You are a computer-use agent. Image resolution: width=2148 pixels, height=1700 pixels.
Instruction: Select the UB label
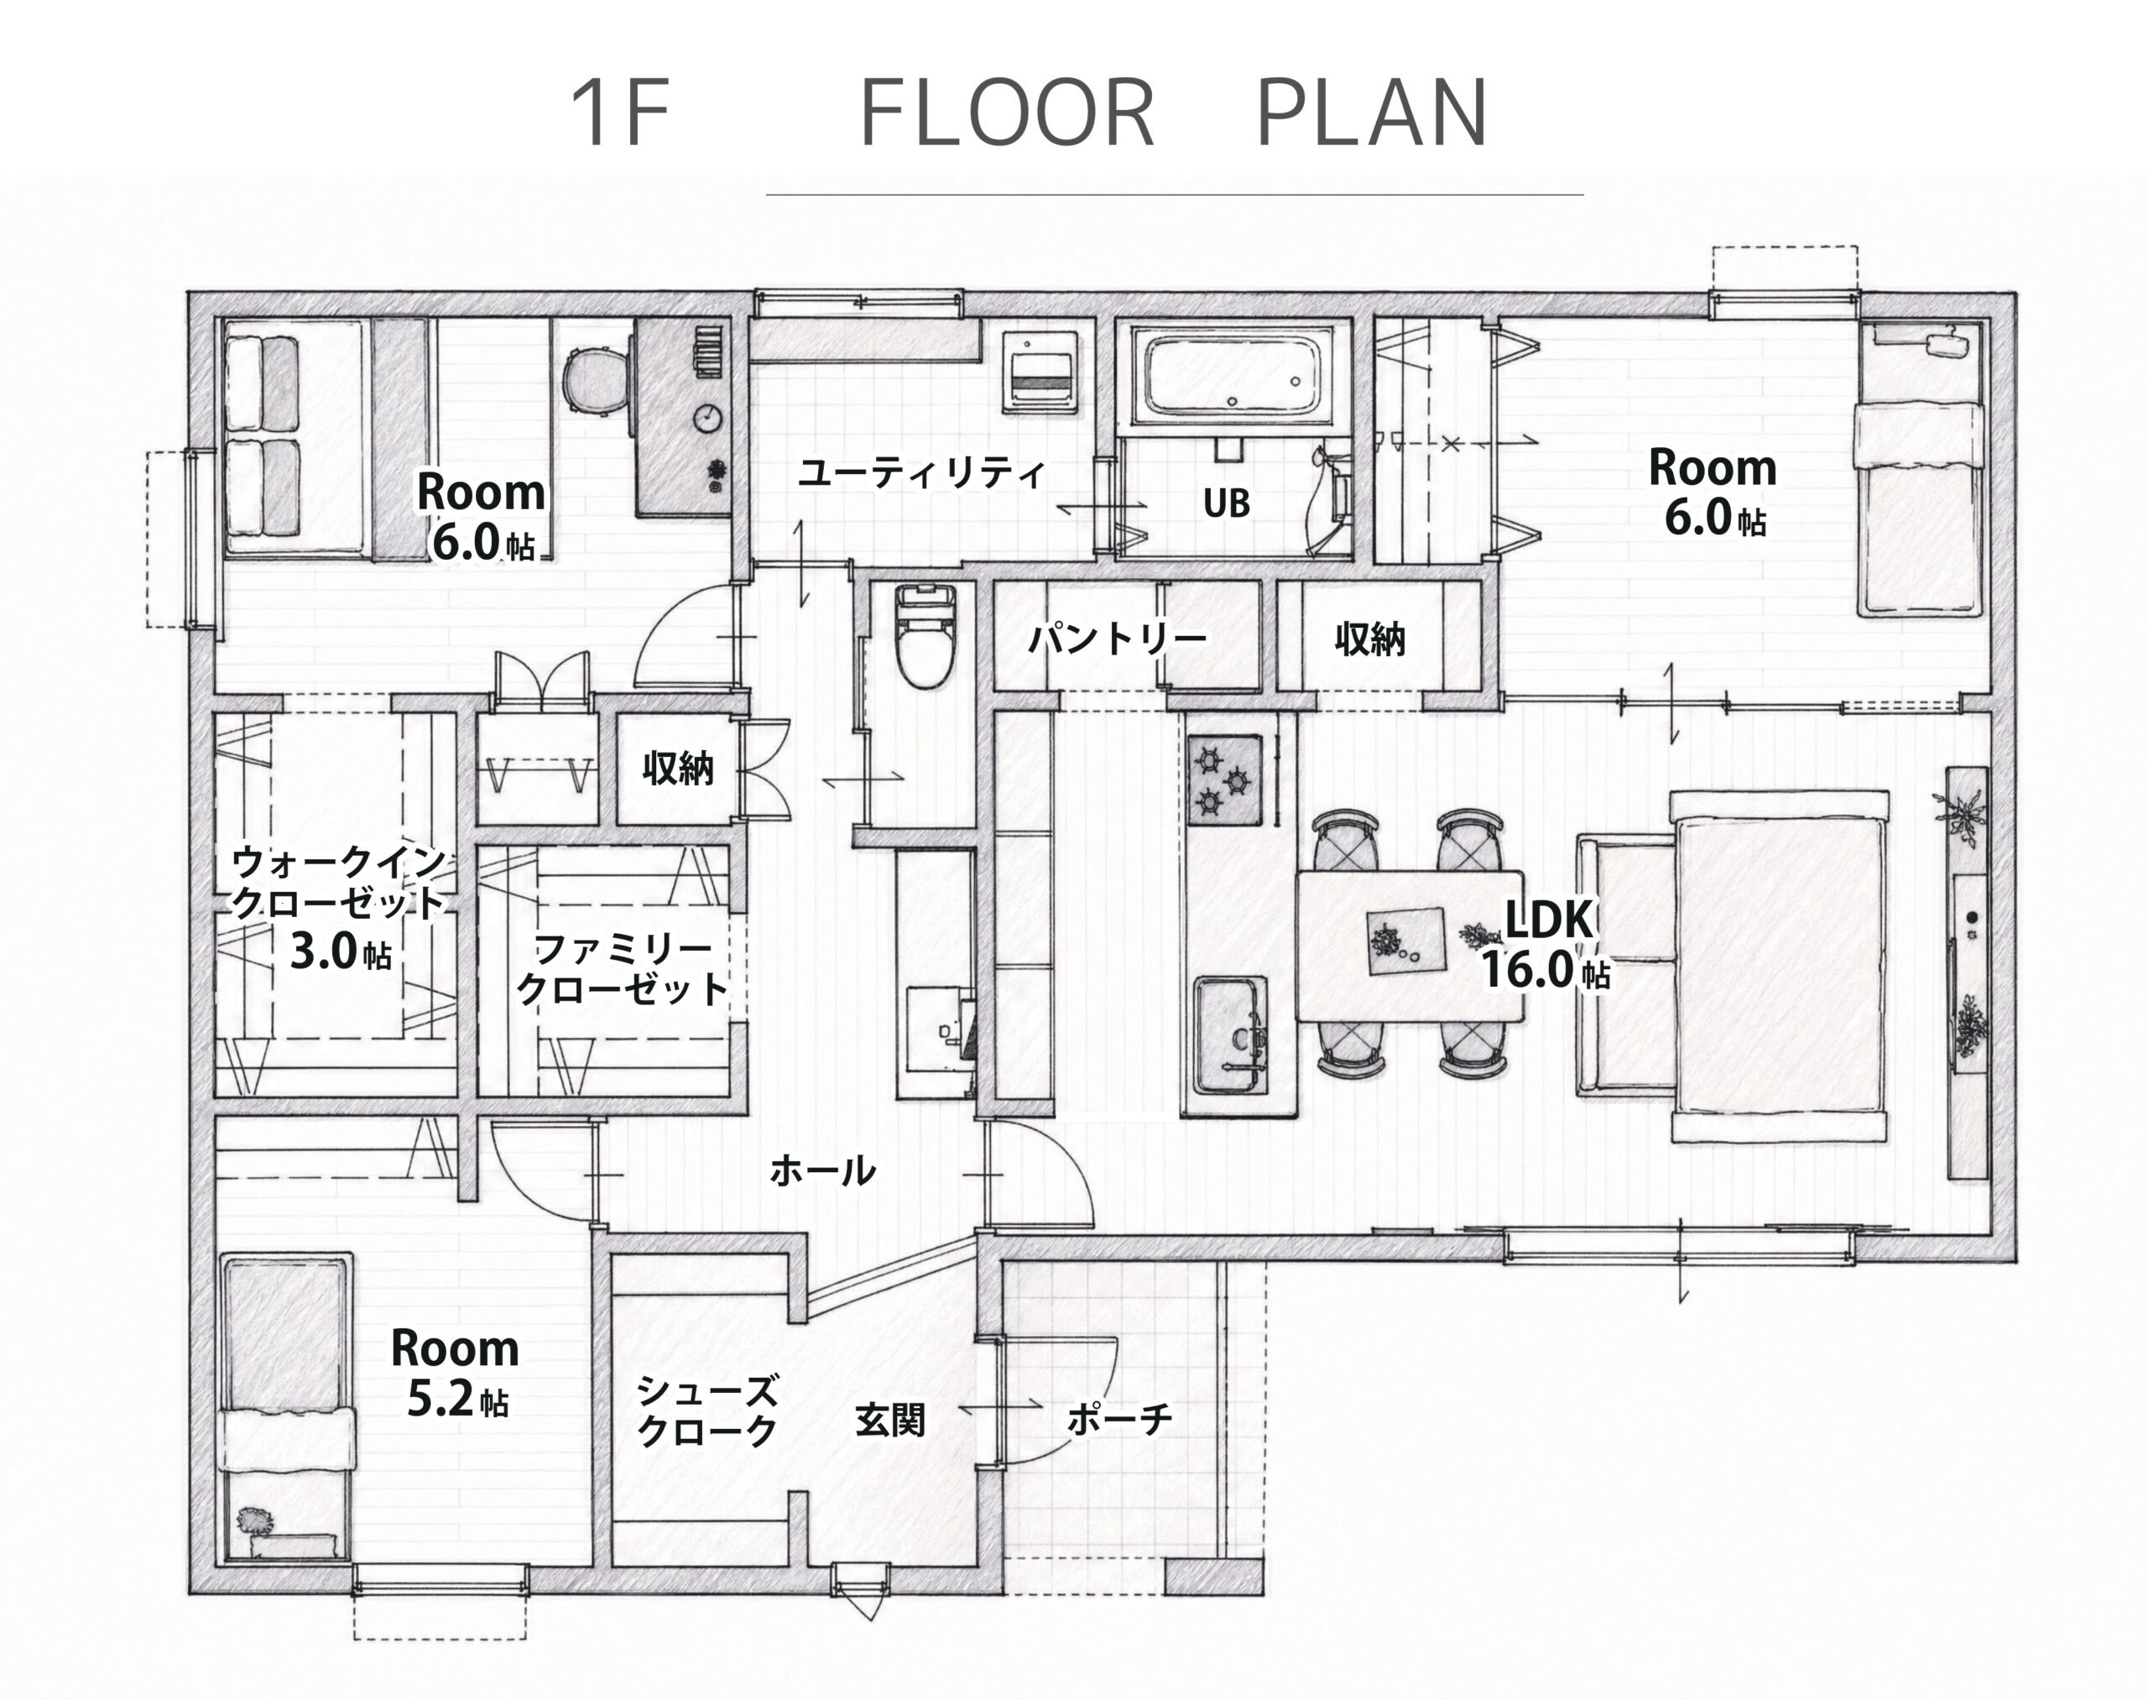[1227, 503]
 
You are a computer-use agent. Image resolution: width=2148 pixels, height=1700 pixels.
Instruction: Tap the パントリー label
[1117, 637]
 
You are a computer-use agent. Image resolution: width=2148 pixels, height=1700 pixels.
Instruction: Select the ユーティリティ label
[920, 472]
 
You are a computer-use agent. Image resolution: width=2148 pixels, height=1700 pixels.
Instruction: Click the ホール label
[822, 1171]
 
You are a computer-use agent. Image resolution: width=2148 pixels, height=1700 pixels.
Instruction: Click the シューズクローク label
[706, 1411]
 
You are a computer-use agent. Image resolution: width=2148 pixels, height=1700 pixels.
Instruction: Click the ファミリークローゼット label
[623, 971]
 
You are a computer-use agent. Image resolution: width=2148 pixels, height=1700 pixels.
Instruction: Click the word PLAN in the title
[1372, 112]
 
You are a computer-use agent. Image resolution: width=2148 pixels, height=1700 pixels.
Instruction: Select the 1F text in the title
[619, 112]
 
